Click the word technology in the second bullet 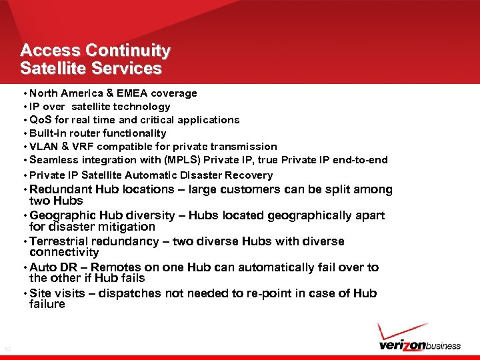point(143,107)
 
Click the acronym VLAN point(43,147)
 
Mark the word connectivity point(64,253)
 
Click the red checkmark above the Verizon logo point(400,331)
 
